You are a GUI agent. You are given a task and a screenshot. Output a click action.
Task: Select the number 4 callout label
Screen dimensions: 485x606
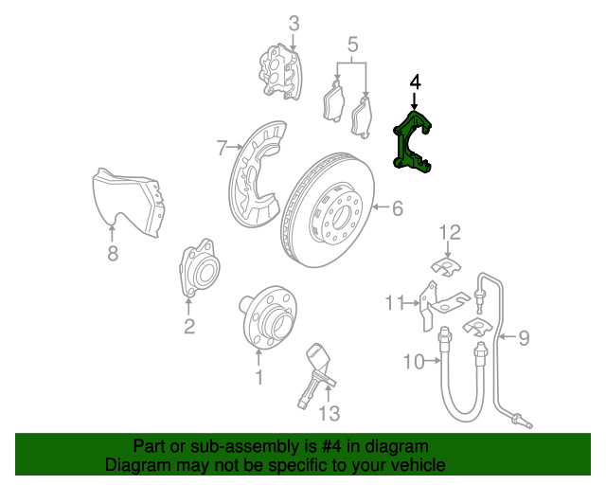click(x=414, y=84)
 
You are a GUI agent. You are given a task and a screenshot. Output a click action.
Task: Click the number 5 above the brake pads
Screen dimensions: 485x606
click(x=352, y=45)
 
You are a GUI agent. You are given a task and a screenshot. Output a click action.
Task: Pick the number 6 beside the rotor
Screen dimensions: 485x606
click(x=398, y=207)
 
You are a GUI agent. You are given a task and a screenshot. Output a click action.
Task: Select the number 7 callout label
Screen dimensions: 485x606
click(x=222, y=148)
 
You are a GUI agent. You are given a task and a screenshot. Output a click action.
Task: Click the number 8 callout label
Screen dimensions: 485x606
click(x=112, y=253)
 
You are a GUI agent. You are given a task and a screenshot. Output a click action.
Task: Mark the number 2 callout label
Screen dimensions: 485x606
click(x=189, y=327)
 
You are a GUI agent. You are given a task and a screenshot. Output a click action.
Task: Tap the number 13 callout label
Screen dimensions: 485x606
click(x=328, y=413)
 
